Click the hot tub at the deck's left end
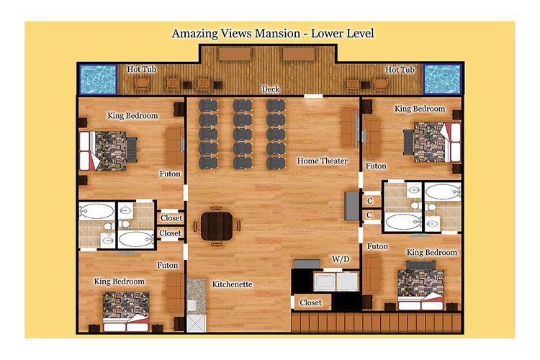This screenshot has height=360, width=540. click(98, 80)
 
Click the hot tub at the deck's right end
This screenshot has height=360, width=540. click(442, 79)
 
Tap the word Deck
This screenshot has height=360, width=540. click(270, 89)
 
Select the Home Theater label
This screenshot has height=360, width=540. click(323, 161)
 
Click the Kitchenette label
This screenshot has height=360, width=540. click(232, 284)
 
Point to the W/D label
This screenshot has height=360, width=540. click(341, 259)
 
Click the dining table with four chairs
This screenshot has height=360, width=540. click(217, 226)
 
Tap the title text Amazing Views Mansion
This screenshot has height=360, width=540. click(236, 33)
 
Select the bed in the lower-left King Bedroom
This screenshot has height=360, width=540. click(126, 312)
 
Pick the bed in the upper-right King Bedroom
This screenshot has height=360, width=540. click(433, 142)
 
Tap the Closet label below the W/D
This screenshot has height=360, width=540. click(310, 302)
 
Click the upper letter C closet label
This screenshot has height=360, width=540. click(370, 201)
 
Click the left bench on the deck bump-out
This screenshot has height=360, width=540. click(235, 54)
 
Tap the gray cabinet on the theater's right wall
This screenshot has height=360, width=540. click(352, 206)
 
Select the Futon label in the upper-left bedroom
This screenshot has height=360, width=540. click(170, 174)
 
